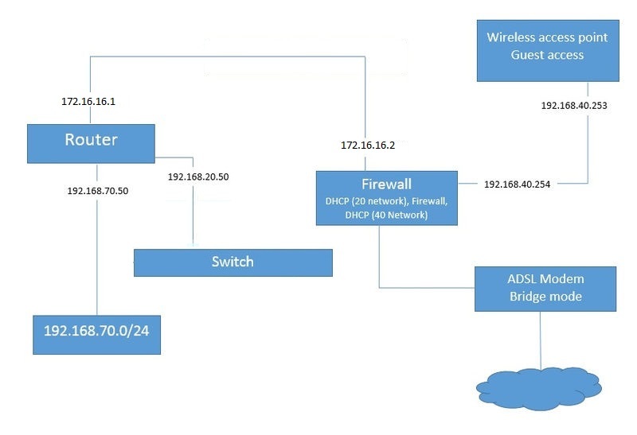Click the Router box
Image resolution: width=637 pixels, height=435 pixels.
(x=91, y=144)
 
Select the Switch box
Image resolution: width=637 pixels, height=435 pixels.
(x=233, y=262)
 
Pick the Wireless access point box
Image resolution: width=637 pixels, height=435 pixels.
(x=547, y=47)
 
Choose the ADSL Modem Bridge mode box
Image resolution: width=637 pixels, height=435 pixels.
(x=545, y=288)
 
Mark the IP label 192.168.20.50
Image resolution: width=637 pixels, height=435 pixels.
(x=199, y=177)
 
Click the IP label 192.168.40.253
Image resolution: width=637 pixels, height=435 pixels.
(x=574, y=104)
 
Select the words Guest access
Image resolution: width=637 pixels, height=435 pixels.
(x=547, y=55)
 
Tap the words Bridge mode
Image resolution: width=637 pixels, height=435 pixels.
(x=545, y=297)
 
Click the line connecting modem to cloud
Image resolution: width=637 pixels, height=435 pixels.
(x=541, y=338)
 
